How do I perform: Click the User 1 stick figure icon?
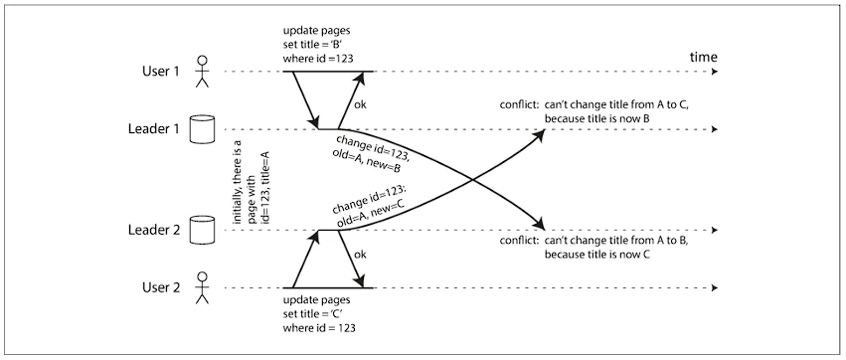(x=202, y=72)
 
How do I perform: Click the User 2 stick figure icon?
(x=202, y=287)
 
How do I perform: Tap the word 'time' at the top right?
(x=704, y=58)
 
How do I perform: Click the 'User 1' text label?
(x=160, y=72)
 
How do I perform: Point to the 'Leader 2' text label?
(x=153, y=231)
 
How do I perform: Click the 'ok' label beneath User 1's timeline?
(x=359, y=105)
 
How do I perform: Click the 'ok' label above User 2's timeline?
(x=359, y=255)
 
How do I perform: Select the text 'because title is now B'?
(x=596, y=118)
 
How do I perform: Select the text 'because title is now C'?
(x=596, y=255)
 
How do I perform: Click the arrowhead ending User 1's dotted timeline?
(x=714, y=72)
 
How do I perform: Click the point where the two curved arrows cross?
(x=471, y=180)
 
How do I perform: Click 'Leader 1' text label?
(x=153, y=129)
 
